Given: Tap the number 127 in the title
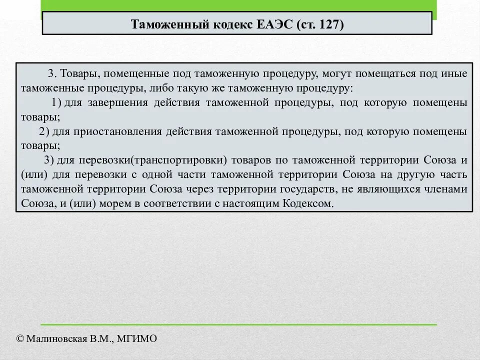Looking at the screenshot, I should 328,24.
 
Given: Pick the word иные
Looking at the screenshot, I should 455,74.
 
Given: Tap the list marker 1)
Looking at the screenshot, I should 56,103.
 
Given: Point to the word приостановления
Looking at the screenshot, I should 119,132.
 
